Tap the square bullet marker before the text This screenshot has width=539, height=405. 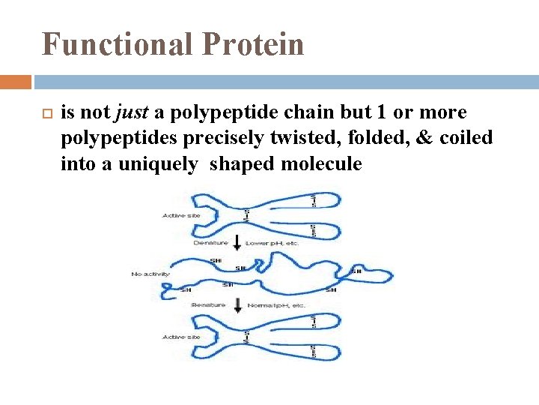(45, 113)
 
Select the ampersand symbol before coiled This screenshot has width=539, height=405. (427, 138)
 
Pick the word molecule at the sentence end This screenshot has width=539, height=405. (321, 163)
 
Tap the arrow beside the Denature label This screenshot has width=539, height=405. (237, 242)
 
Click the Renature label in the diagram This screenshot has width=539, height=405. (209, 305)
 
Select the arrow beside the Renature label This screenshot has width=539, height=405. (237, 304)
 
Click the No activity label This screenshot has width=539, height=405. (150, 274)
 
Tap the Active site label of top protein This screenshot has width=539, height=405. (180, 216)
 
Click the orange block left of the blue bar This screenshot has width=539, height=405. (16, 81)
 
